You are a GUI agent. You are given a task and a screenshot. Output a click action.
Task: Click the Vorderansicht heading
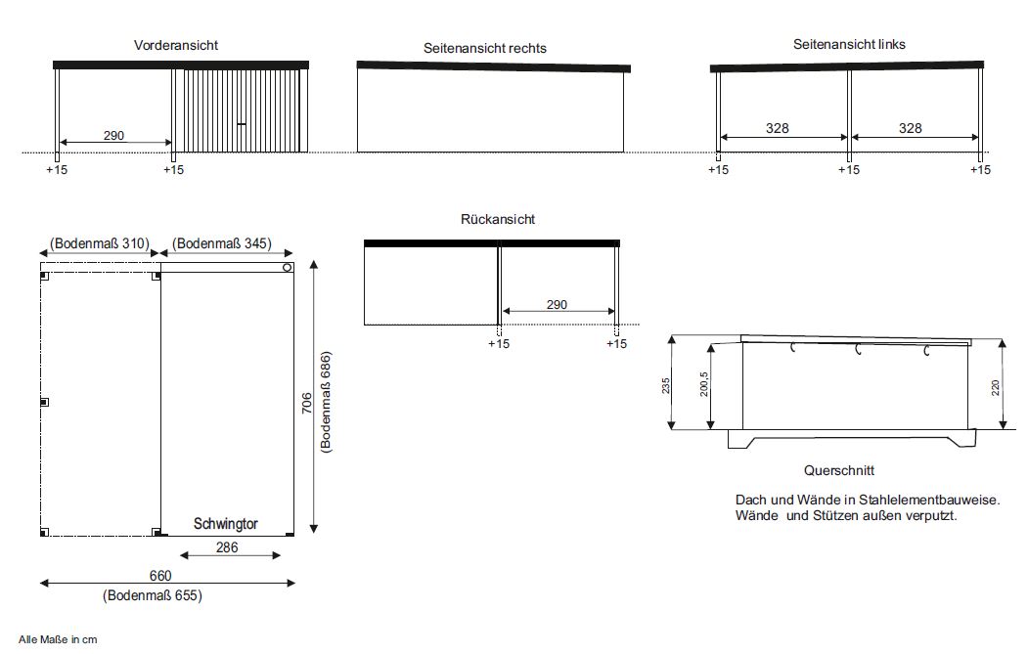(176, 45)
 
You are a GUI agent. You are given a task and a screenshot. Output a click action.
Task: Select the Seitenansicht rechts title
(484, 48)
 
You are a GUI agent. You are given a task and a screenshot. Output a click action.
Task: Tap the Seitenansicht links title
(849, 44)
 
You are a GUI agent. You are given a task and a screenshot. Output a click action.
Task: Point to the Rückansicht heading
(498, 219)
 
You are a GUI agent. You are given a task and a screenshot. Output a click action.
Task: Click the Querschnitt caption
(839, 470)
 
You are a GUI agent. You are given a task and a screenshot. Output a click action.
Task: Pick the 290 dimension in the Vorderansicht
(113, 135)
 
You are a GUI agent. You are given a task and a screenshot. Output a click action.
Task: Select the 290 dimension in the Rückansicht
(557, 304)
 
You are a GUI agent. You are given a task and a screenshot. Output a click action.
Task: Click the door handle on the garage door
(242, 123)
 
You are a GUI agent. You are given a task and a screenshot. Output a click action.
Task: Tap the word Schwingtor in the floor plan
(226, 524)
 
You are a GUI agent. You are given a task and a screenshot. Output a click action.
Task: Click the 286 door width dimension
(227, 547)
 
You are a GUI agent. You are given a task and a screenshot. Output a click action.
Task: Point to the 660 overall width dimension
(160, 576)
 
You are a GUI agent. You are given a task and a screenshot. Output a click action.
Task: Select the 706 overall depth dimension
(307, 403)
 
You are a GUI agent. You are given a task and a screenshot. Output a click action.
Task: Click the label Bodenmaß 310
(100, 243)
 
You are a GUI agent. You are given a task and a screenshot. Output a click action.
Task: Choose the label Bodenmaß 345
(222, 243)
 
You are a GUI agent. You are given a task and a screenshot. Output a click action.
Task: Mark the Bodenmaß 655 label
(153, 595)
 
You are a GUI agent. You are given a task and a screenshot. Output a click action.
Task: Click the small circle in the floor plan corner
(287, 267)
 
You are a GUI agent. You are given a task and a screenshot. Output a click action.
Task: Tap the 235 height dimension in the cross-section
(665, 385)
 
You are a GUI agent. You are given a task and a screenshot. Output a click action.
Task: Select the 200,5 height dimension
(704, 384)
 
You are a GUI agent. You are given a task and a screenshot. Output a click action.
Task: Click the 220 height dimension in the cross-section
(995, 387)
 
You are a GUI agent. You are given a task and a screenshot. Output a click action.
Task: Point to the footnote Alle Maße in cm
(58, 639)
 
